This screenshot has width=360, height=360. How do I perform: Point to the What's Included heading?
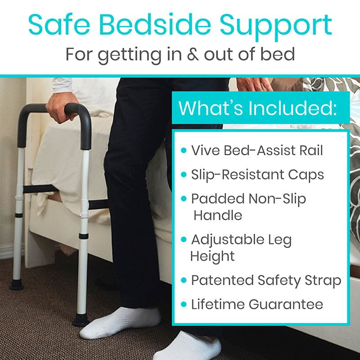257,108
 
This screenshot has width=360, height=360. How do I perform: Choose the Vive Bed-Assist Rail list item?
257,150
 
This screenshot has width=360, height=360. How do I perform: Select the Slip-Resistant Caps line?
257,175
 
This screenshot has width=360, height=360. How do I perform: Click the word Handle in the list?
218,215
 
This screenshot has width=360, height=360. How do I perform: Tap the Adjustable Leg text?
241,240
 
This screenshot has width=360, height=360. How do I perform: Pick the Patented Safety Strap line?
266,280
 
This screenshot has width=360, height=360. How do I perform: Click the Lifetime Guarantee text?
257,305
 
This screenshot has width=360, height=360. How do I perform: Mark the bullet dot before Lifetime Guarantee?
184,305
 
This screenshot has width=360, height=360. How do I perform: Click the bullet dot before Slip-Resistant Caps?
184,175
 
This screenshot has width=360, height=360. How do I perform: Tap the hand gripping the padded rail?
61,108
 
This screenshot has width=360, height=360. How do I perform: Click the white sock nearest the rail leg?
121,322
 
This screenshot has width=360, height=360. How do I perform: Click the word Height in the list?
212,256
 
